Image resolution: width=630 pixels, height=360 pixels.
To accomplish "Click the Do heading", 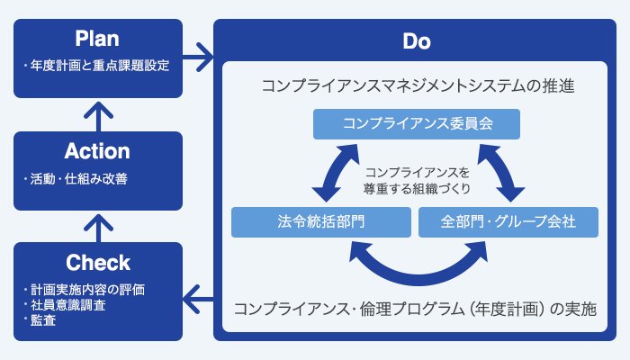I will tap(417, 42).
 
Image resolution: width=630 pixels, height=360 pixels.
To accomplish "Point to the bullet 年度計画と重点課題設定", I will tap(100, 66).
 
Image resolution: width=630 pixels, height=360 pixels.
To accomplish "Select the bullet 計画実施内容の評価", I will tap(86, 290).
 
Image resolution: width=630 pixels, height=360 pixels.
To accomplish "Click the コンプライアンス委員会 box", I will tap(418, 123).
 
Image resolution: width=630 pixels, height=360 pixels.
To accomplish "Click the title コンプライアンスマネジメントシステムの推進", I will tap(418, 87).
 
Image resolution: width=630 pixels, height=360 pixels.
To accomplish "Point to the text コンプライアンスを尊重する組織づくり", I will tap(418, 180).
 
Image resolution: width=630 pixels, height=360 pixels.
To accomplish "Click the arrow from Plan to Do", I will tap(200, 62).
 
